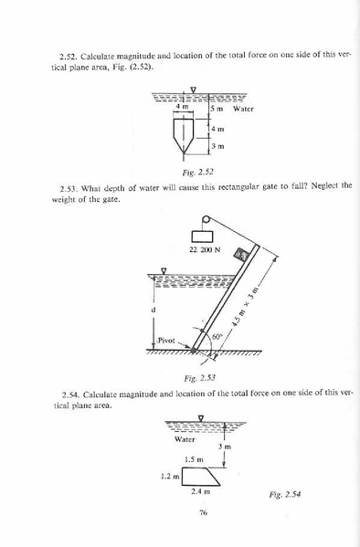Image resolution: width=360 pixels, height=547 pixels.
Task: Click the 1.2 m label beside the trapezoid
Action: click(x=171, y=475)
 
